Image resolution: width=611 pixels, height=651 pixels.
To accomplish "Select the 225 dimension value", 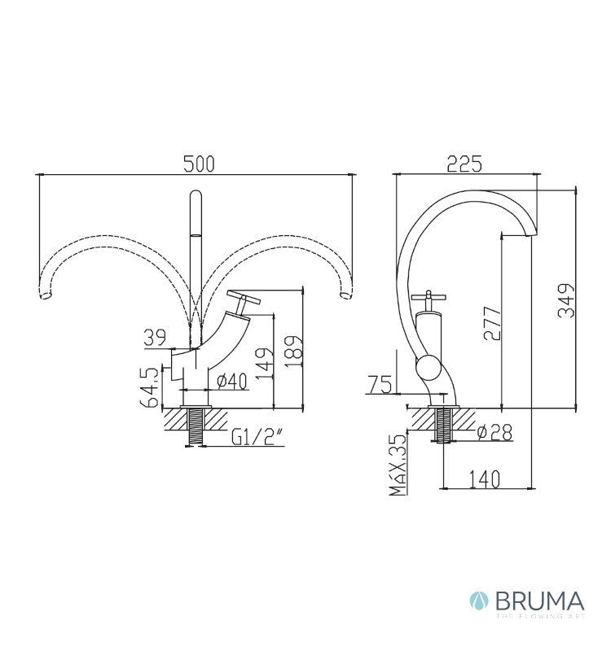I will click(x=465, y=163).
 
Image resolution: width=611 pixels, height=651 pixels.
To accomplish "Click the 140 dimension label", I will click(x=484, y=479).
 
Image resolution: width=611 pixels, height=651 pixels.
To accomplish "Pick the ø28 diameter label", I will click(x=492, y=432).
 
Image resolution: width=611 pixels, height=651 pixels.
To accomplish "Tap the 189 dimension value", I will click(x=294, y=348).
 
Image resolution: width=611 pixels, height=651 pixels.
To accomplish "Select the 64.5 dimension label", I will click(x=149, y=387).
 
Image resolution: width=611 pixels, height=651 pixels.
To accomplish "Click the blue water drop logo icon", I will click(x=478, y=602).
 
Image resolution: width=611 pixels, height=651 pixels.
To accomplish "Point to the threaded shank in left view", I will click(x=196, y=426).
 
